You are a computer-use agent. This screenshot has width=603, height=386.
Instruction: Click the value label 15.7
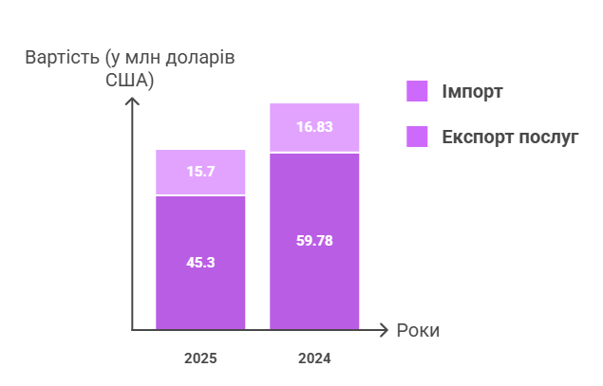tap(200, 172)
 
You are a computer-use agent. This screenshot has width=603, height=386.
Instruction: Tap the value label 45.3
tap(200, 262)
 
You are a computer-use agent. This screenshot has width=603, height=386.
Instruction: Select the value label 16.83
tap(314, 126)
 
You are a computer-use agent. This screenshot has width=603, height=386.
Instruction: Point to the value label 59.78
tap(314, 240)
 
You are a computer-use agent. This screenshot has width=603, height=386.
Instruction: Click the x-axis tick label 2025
tap(200, 358)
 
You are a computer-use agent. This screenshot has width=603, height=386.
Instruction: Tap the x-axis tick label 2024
tap(314, 358)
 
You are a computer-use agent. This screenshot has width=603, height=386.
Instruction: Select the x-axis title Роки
tap(418, 331)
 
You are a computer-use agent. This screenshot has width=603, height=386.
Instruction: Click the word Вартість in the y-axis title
tap(60, 58)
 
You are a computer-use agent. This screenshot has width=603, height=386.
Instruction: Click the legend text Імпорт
tap(472, 92)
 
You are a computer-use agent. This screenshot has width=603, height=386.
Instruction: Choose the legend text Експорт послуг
tap(510, 137)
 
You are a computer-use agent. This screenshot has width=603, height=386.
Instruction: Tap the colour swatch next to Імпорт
tap(418, 91)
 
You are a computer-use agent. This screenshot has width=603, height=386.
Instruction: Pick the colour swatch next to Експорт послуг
tap(418, 137)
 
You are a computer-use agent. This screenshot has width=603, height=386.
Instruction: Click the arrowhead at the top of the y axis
tap(133, 100)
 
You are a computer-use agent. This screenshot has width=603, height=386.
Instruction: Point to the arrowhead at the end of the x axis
tap(384, 330)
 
